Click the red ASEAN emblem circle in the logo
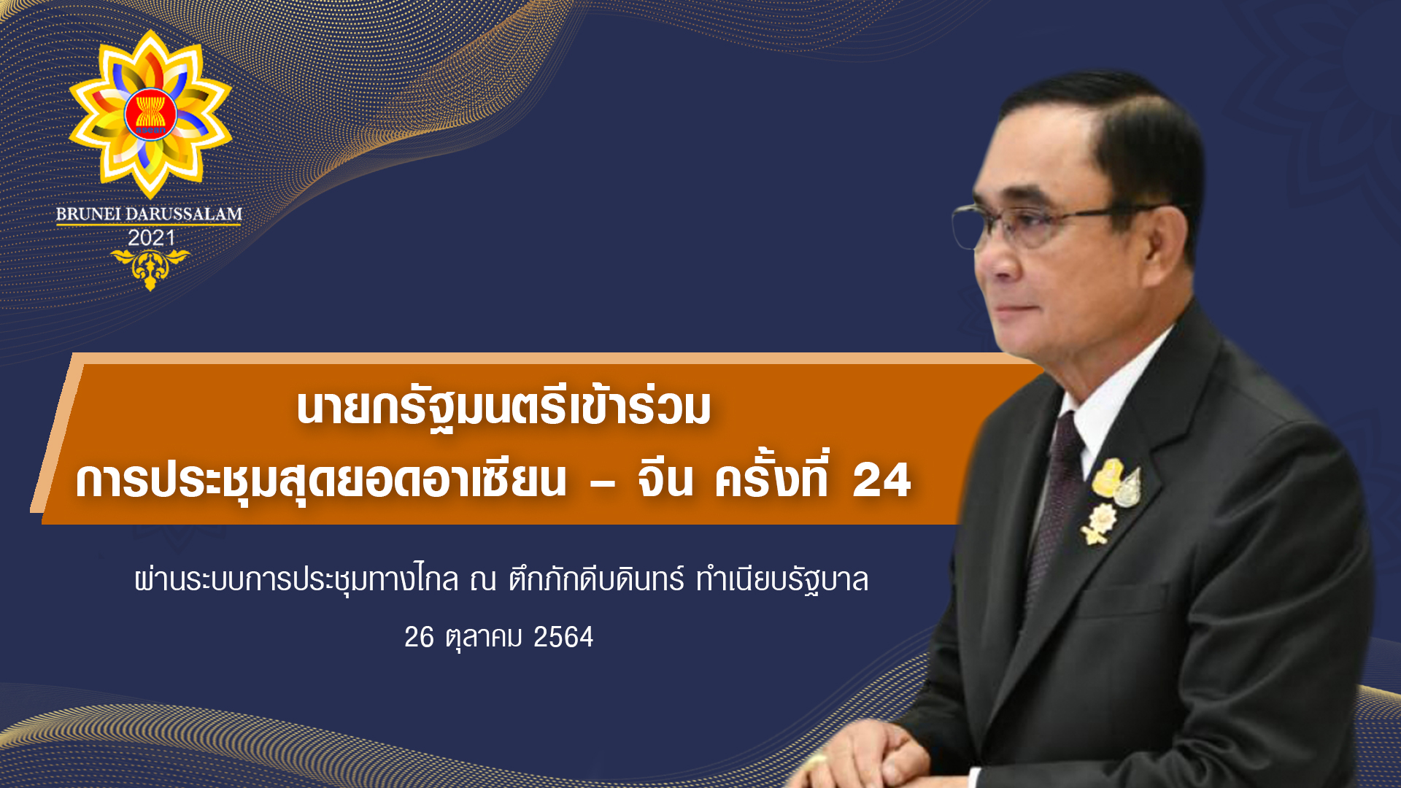pos(150,115)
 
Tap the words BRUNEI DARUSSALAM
pos(149,215)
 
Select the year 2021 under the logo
pos(151,238)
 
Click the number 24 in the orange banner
pos(881,480)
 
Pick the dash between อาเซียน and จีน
pos(602,482)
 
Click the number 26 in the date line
pos(420,637)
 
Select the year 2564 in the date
pos(563,637)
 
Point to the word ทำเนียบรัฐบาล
pos(782,580)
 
